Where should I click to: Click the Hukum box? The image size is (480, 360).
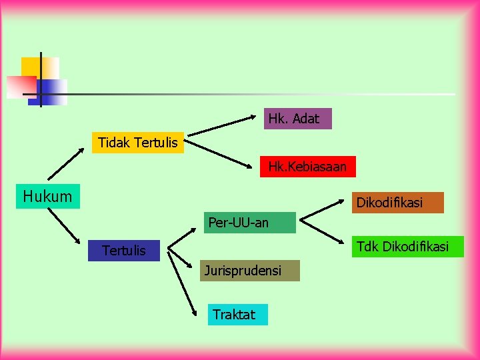[48, 196]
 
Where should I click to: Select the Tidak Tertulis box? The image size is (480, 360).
[137, 143]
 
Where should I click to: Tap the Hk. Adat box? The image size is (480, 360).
[297, 119]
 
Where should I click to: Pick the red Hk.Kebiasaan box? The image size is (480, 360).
[307, 167]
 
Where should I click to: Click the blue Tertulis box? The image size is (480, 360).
[124, 250]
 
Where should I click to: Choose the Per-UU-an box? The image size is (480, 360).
[249, 223]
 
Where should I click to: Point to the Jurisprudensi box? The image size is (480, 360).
[249, 271]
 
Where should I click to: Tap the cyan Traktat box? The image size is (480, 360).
[238, 315]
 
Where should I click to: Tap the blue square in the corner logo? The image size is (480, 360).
[55, 91]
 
